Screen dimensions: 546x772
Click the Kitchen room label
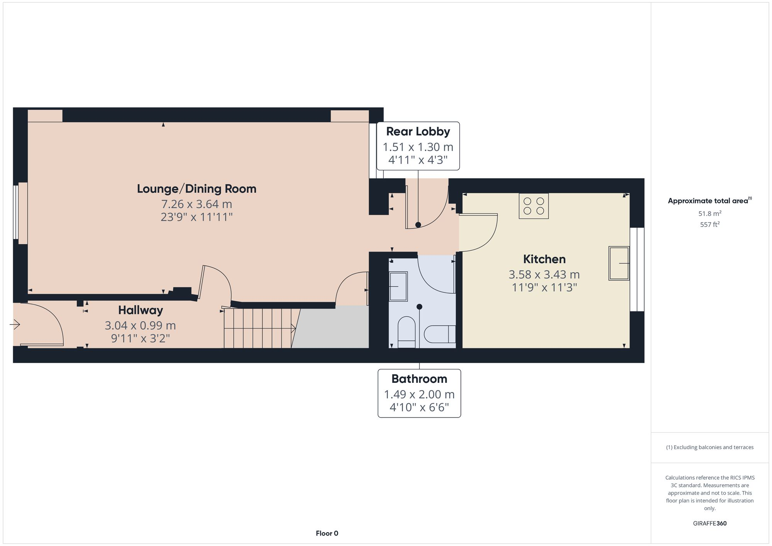544,259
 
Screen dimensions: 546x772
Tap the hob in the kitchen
533,206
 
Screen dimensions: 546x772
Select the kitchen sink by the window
619,263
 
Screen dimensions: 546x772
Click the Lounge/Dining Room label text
196,189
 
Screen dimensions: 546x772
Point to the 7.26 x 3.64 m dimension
196,204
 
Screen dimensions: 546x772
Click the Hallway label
140,310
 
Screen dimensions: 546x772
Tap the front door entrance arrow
15,325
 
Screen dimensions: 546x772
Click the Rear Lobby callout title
418,132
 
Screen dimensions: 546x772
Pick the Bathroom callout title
419,379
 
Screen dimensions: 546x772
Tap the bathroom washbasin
398,286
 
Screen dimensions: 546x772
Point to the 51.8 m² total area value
709,213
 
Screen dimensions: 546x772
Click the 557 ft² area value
709,224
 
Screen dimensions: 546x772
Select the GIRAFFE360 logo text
709,523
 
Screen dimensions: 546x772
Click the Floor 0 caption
327,533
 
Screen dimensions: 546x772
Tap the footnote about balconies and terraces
709,447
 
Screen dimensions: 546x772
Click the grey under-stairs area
332,328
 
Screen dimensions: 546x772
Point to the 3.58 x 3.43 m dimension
544,274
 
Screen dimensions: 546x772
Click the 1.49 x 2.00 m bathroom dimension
419,394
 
